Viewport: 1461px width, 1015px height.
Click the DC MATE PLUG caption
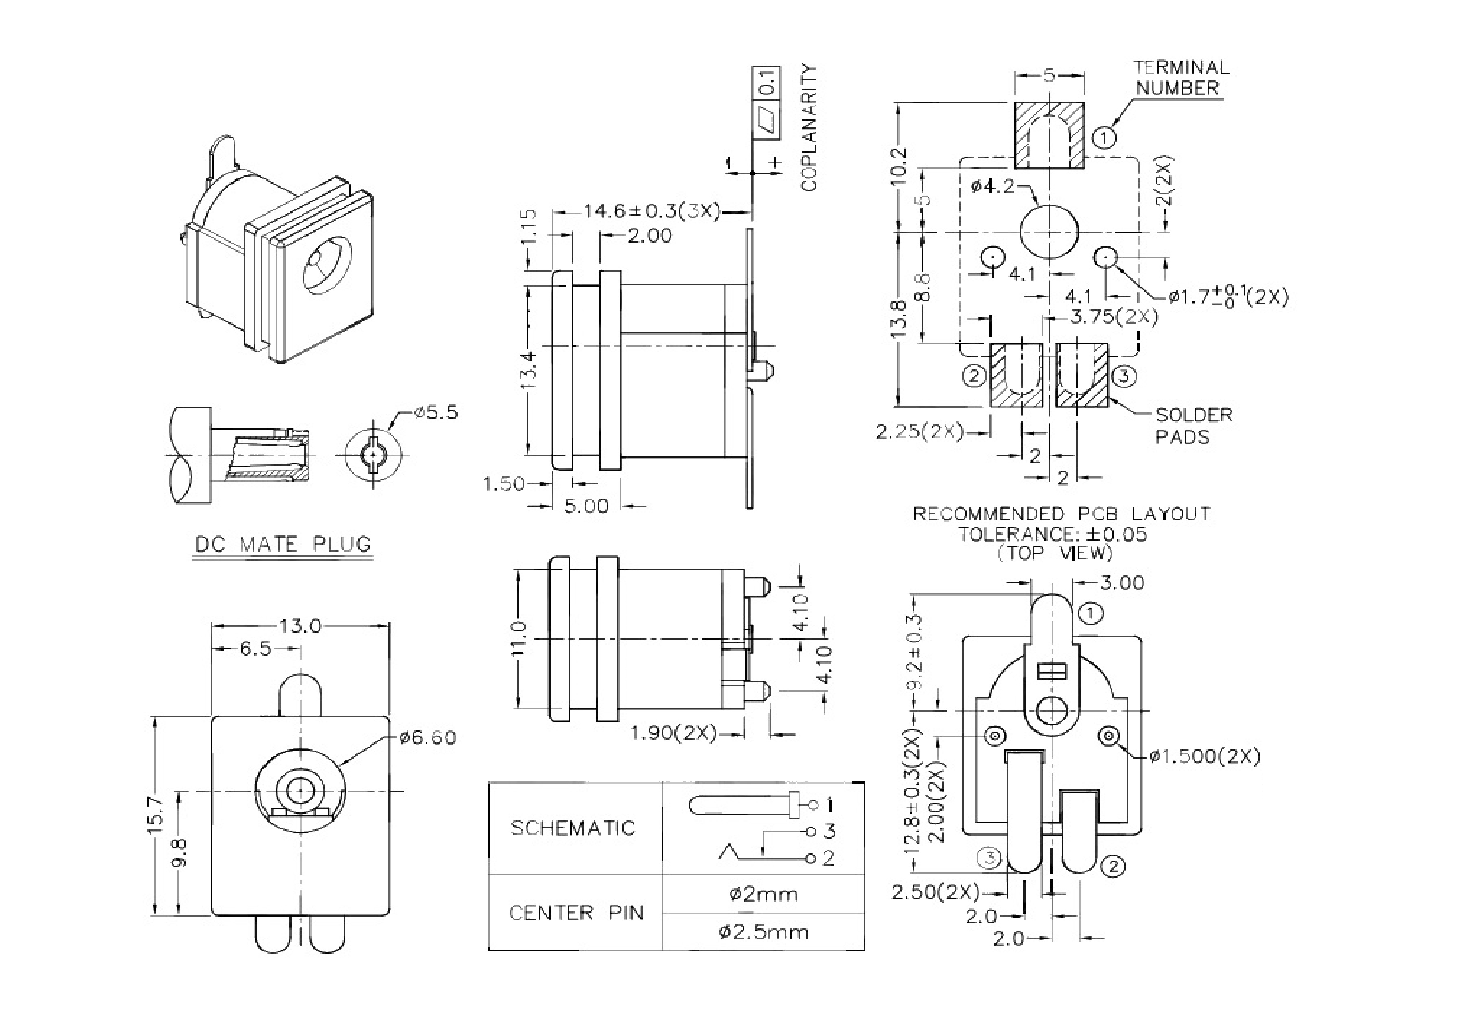(x=282, y=545)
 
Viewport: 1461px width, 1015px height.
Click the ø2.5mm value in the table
(x=764, y=932)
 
